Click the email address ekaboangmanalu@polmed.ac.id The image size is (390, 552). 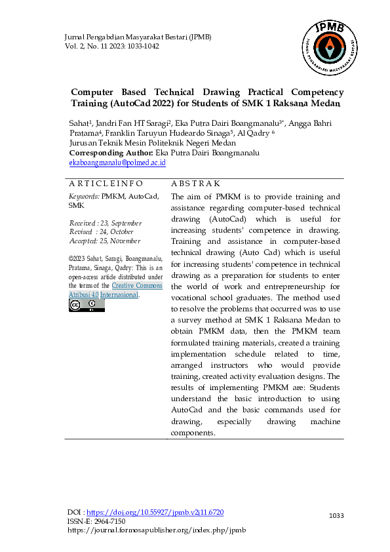point(117,162)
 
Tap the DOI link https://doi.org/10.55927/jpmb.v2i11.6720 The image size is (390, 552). point(155,511)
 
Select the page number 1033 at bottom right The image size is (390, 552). point(336,516)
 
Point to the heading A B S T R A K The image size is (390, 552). point(195,184)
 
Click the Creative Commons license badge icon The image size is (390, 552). point(87,305)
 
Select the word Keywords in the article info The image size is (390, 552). point(84,196)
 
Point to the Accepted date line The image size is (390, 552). point(105,240)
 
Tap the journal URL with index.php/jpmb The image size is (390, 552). point(157,530)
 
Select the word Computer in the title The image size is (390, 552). point(92,92)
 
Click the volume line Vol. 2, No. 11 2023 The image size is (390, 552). point(111,47)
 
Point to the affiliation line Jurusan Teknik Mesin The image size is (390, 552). point(152,143)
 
